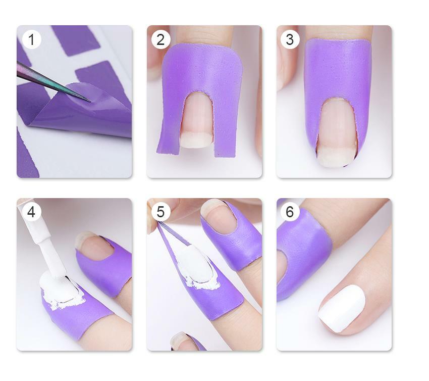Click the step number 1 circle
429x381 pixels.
(x=31, y=39)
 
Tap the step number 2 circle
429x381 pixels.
(x=160, y=39)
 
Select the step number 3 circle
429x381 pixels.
(x=290, y=39)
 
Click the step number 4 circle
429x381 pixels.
(x=31, y=212)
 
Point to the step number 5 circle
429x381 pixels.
(x=160, y=212)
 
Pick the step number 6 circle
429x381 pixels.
(x=290, y=212)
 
